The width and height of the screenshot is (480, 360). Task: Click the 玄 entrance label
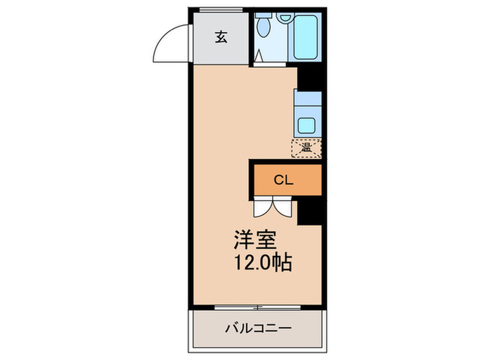[221, 37]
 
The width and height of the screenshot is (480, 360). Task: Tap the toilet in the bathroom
[264, 27]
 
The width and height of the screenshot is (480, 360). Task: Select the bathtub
[306, 37]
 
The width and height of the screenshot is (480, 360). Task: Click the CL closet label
[284, 181]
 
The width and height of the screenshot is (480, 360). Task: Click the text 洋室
[255, 241]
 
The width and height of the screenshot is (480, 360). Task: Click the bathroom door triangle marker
[259, 56]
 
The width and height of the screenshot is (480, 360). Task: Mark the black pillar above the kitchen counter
[309, 78]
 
